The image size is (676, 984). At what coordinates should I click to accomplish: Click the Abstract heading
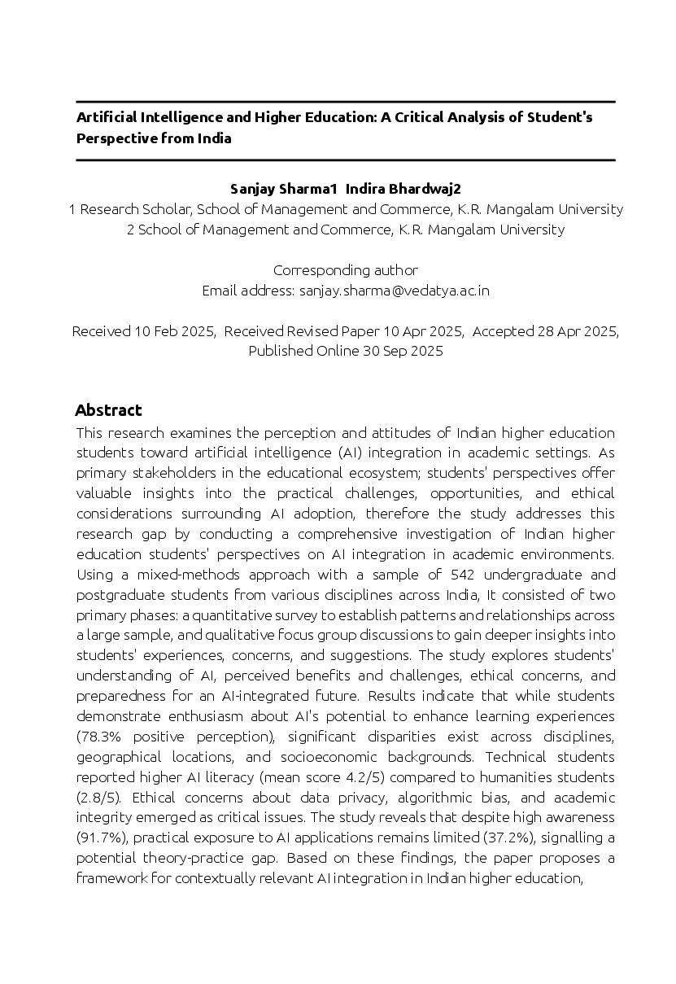click(108, 410)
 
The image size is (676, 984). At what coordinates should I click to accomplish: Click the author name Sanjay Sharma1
click(283, 189)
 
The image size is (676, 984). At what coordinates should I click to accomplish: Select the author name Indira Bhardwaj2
click(403, 189)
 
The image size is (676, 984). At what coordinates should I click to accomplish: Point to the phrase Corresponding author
click(346, 270)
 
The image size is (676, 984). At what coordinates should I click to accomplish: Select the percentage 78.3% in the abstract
click(100, 737)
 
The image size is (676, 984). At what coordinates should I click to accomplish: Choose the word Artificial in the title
click(105, 117)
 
